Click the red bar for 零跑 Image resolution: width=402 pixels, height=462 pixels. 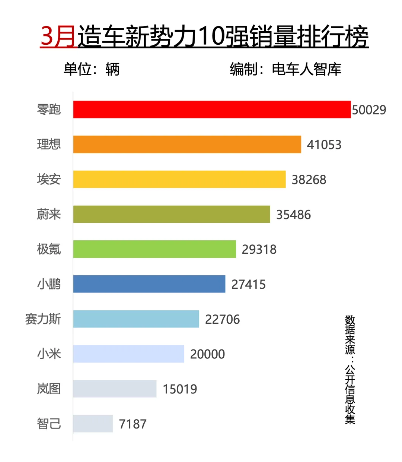click(x=212, y=110)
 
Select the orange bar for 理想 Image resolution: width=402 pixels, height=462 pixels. click(x=187, y=145)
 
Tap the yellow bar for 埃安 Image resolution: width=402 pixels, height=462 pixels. click(x=179, y=179)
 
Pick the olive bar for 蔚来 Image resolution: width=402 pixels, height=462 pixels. click(x=171, y=214)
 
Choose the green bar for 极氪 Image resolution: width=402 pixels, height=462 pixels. click(x=154, y=249)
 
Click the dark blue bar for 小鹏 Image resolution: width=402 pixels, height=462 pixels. click(x=149, y=284)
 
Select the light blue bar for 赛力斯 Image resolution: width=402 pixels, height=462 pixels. click(x=136, y=319)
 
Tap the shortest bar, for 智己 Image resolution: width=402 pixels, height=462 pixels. click(x=93, y=424)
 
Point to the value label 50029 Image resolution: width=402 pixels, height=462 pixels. click(x=369, y=110)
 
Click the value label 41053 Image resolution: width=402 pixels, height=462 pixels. click(x=324, y=145)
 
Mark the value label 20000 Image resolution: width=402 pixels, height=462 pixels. click(x=207, y=354)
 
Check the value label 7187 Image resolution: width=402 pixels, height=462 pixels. click(x=133, y=424)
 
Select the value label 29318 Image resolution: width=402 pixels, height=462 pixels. click(x=259, y=249)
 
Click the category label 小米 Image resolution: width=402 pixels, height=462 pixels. click(x=49, y=354)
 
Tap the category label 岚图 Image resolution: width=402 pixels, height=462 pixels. click(x=49, y=389)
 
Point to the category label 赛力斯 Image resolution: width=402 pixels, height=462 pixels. click(x=43, y=319)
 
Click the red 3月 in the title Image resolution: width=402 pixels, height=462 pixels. click(x=58, y=37)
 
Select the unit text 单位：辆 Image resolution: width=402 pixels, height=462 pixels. click(x=91, y=69)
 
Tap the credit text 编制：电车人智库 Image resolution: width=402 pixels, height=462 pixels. click(x=285, y=69)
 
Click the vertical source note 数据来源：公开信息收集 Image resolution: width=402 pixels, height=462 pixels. click(x=350, y=369)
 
